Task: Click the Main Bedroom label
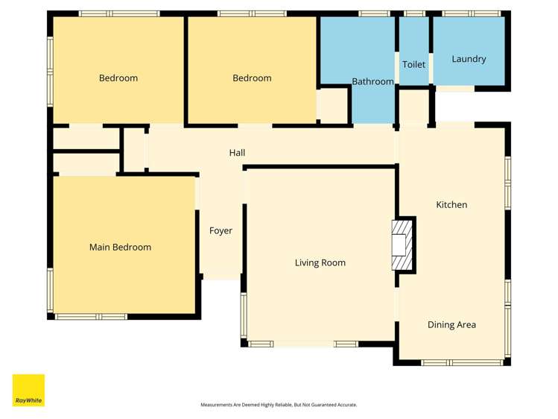[120, 248]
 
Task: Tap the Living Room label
[320, 263]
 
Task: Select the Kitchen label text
[451, 205]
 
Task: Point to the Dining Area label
[451, 325]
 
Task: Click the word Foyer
[221, 231]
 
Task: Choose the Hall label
[237, 153]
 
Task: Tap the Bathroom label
[372, 82]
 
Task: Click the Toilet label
[413, 65]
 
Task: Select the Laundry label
[469, 59]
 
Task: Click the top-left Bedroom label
[118, 78]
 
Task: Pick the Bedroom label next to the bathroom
[252, 78]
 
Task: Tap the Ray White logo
[28, 391]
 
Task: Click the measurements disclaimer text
[279, 405]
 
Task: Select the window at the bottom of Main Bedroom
[92, 317]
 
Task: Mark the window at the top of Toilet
[414, 13]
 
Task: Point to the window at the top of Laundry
[472, 13]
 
